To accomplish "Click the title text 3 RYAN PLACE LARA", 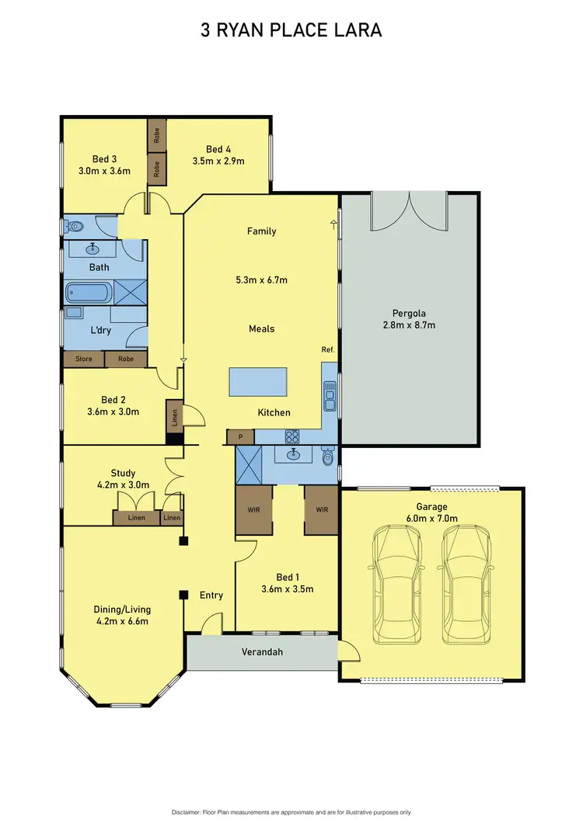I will point(291,30).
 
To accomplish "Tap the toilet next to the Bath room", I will point(75,227).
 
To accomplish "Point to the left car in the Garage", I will point(396,584).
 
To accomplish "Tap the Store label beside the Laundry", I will point(83,359).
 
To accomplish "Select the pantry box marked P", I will point(240,437).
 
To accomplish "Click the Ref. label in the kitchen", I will point(327,350).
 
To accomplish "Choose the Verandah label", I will point(260,652).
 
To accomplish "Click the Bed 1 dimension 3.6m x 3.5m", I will point(287,589).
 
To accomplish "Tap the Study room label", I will point(123,473).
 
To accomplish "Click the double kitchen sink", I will point(330,396).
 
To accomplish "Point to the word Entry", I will point(211,596).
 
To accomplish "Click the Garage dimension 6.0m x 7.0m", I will point(431,518).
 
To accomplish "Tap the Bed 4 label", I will point(218,150).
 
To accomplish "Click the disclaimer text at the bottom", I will point(291,812).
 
